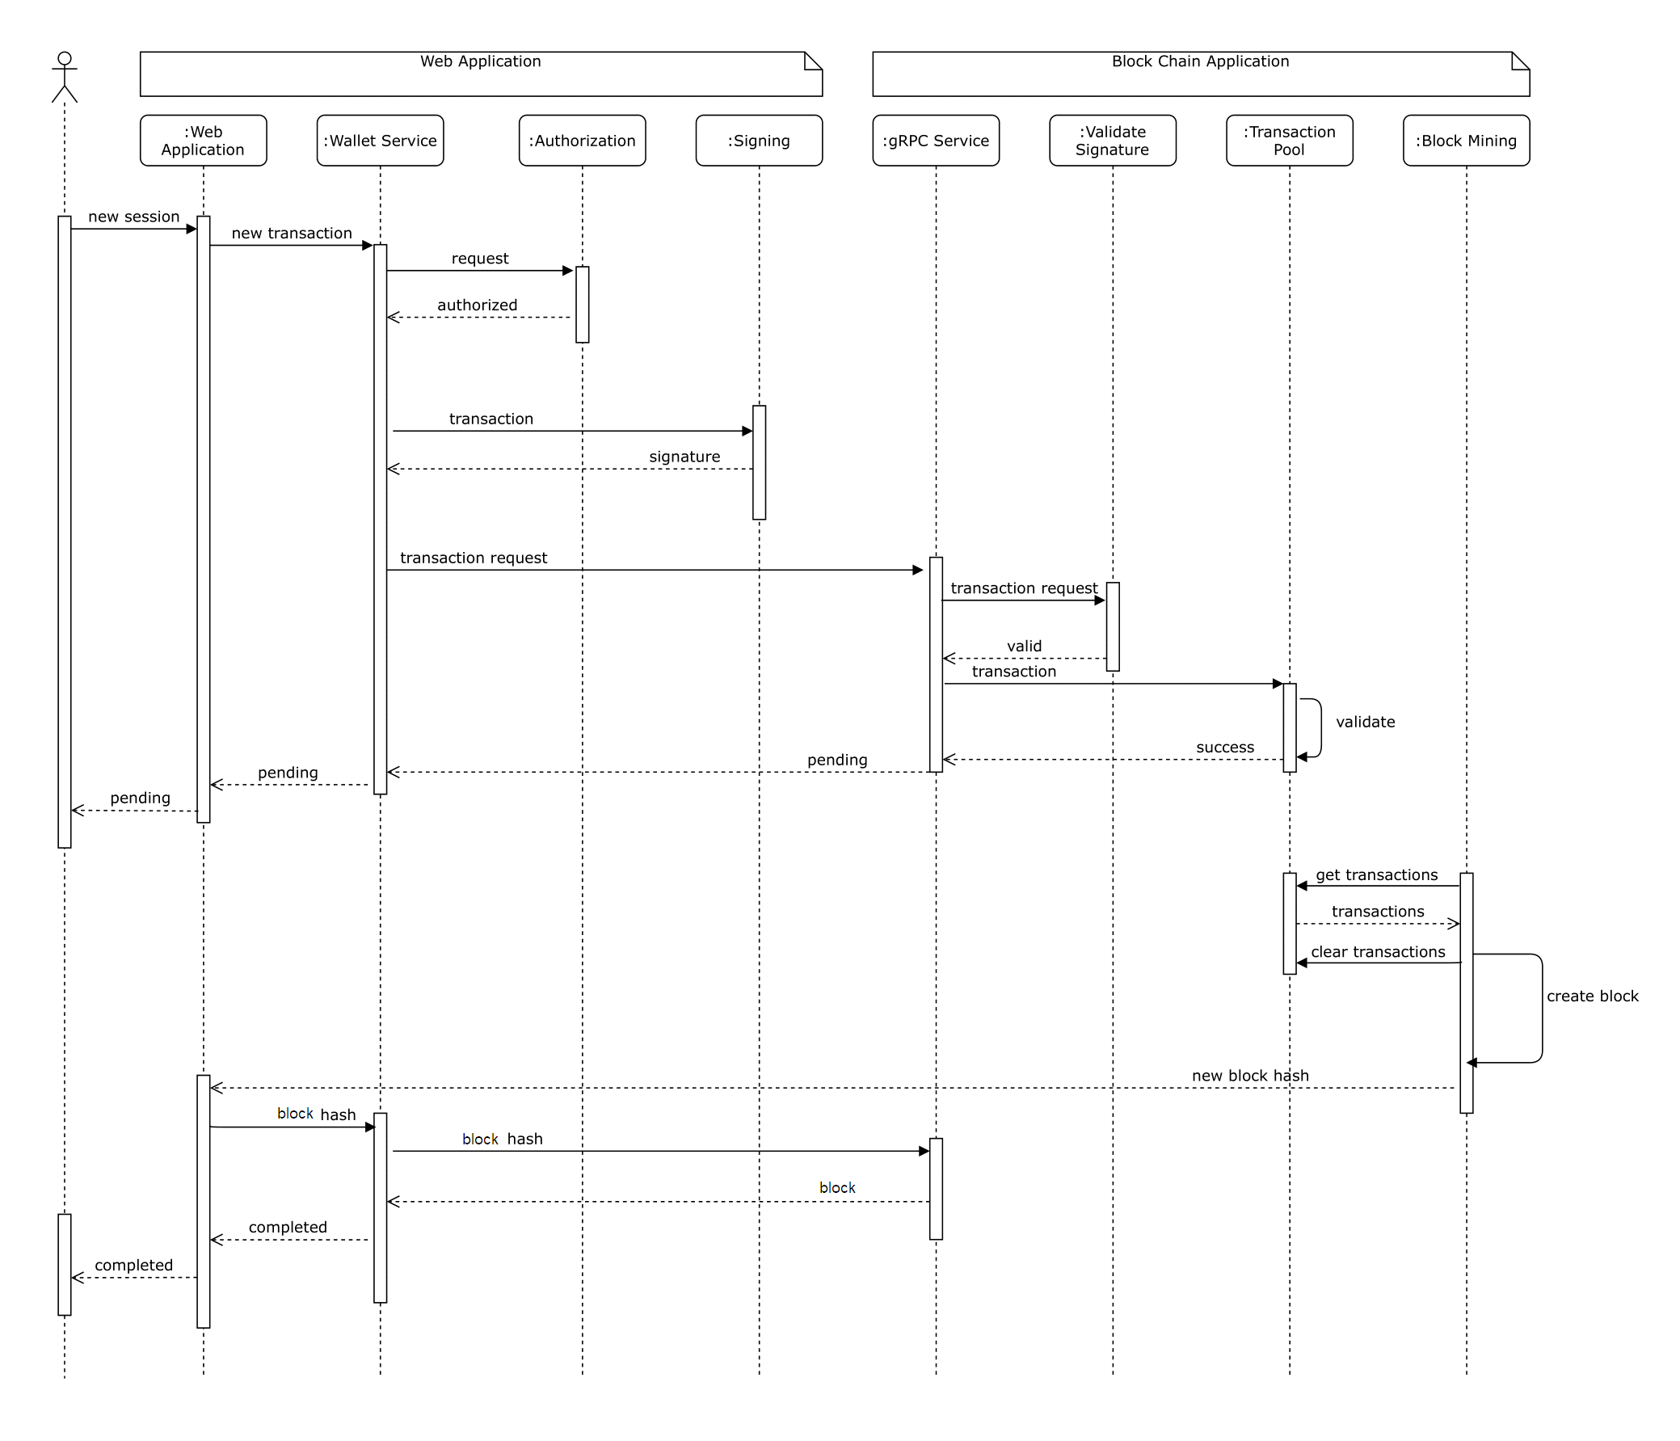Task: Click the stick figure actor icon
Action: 65,77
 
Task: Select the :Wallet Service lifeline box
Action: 381,141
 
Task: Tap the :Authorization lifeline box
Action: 582,141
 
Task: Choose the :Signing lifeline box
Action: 759,141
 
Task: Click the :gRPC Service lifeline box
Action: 936,141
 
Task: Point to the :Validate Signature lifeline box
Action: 1113,141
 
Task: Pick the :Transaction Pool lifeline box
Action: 1289,141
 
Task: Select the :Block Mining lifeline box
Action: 1466,141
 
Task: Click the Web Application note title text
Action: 480,61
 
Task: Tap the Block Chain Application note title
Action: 1200,61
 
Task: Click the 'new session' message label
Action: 134,217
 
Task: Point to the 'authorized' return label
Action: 477,305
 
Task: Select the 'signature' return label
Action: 684,457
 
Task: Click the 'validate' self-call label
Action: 1366,722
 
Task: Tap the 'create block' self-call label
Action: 1593,996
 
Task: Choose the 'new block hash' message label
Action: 1250,1075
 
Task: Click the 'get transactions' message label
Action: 1377,875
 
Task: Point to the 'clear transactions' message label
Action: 1379,952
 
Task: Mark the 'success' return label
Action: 1225,747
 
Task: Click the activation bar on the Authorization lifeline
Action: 582,305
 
